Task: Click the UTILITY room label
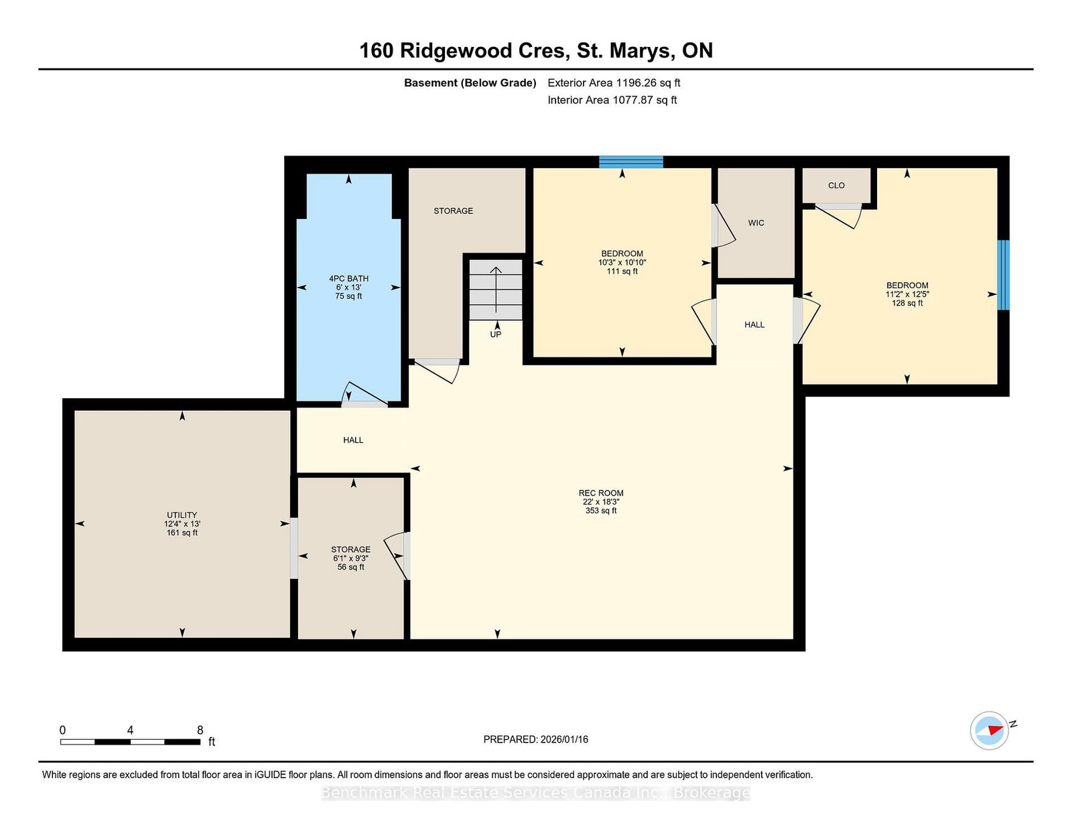click(x=182, y=515)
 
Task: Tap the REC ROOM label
click(x=601, y=493)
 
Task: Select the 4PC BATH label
click(x=349, y=278)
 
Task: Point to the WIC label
click(x=756, y=223)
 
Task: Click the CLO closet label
click(x=836, y=186)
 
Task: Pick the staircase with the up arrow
click(x=495, y=290)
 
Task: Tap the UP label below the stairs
click(x=496, y=334)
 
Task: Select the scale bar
click(x=130, y=742)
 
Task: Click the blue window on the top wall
click(x=631, y=162)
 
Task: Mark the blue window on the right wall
click(x=1004, y=275)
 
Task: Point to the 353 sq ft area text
click(x=601, y=511)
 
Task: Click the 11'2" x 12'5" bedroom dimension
click(x=907, y=294)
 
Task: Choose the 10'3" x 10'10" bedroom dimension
click(x=622, y=263)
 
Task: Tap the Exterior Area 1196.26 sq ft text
click(x=614, y=83)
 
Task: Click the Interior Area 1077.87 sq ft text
click(x=612, y=100)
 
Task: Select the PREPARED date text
click(x=536, y=739)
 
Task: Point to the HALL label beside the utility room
click(x=353, y=440)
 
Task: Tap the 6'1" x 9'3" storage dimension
click(x=351, y=558)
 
